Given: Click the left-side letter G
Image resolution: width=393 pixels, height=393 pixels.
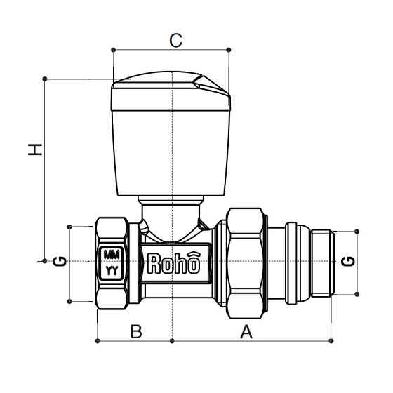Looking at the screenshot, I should click(x=60, y=262).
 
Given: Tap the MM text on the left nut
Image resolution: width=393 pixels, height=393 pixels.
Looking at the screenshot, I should click(x=112, y=255).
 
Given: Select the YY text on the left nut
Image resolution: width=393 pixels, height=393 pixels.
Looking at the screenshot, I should click(x=112, y=269).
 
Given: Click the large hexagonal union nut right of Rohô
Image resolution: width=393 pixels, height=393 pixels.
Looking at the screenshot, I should click(x=242, y=263).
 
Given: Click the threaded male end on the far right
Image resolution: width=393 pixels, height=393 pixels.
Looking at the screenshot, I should click(x=323, y=263).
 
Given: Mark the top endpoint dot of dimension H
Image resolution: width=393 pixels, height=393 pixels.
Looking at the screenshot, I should click(x=45, y=78).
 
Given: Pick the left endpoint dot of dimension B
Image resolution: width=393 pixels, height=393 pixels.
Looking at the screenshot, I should click(x=96, y=342).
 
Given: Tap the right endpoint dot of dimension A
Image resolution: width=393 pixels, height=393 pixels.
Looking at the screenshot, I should click(x=331, y=342).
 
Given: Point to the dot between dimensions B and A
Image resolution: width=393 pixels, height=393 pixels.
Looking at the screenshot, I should click(x=172, y=342).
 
